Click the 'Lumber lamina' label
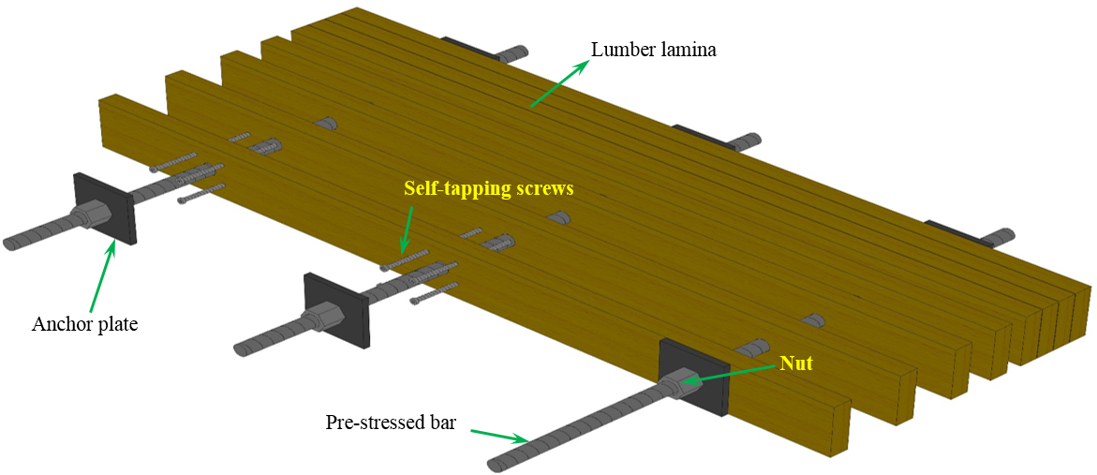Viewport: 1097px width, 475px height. click(x=653, y=50)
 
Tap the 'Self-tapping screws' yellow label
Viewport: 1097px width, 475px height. click(x=488, y=188)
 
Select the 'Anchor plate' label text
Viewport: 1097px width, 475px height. click(x=84, y=325)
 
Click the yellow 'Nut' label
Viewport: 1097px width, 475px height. click(x=796, y=362)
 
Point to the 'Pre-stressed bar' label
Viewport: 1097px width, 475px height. click(x=391, y=423)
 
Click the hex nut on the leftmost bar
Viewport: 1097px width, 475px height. click(x=95, y=215)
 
